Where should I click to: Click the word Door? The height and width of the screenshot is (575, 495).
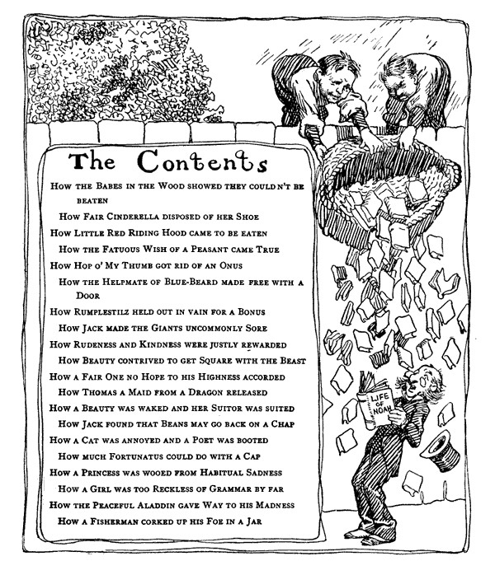pos(87,297)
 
